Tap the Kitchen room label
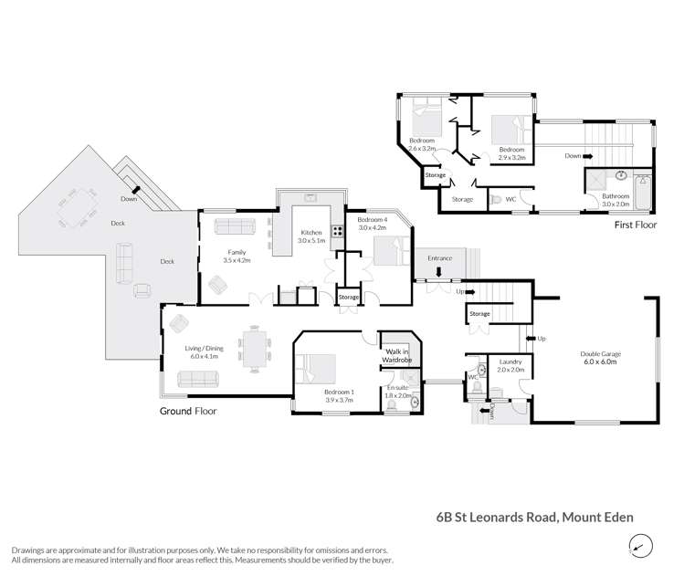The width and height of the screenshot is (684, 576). coord(311,237)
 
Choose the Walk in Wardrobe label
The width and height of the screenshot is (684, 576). coord(397,355)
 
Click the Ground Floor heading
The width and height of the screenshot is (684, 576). coord(187,411)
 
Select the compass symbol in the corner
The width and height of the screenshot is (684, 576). coord(641,547)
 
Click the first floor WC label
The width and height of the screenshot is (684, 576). coord(510,199)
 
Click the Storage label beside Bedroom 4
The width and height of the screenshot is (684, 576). coord(348,297)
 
